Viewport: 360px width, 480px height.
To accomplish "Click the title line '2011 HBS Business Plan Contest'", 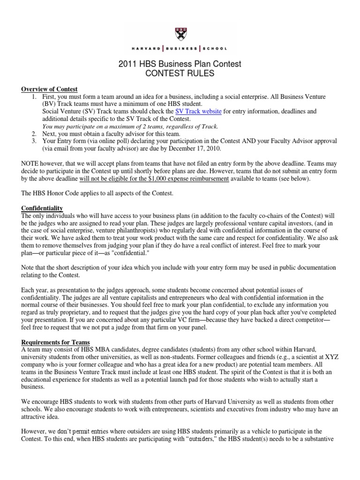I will coord(180,64).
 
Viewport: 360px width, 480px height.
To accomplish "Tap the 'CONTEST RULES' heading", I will coord(180,73).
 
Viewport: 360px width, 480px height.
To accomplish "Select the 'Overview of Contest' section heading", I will coord(49,89).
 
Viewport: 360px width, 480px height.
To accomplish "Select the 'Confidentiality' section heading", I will coord(42,208).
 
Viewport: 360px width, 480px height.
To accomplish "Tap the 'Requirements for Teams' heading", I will coord(55,342).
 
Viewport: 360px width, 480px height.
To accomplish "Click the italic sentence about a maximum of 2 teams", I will coord(130,126).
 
